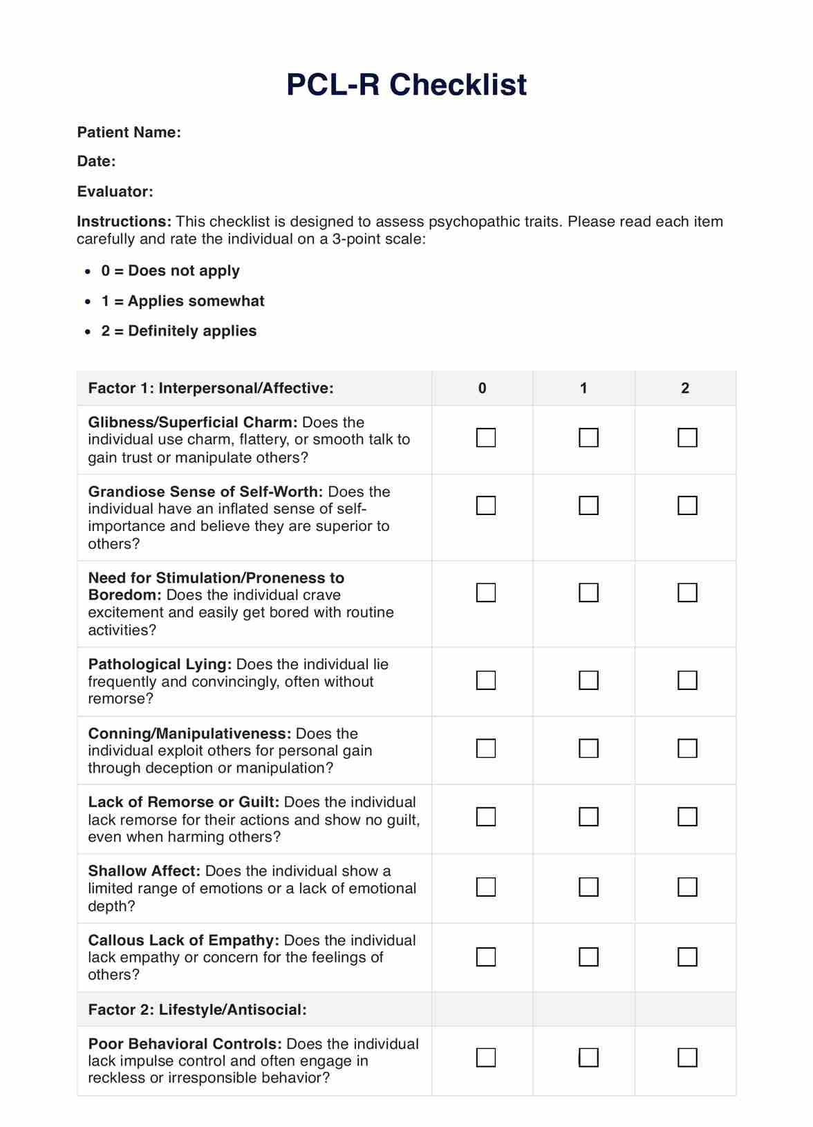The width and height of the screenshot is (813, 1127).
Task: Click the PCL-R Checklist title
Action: (x=406, y=85)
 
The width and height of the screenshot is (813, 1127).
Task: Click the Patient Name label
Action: (x=129, y=132)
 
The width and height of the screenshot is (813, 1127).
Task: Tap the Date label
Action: (x=96, y=161)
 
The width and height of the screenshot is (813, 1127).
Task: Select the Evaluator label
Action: (x=115, y=192)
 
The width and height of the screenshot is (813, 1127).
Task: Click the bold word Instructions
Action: (x=124, y=222)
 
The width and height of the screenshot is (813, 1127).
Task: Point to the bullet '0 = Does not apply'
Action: (x=170, y=270)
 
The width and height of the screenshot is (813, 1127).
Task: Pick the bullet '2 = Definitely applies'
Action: (x=178, y=331)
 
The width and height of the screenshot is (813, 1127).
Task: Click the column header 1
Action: (x=583, y=389)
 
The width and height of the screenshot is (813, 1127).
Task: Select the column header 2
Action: (x=685, y=389)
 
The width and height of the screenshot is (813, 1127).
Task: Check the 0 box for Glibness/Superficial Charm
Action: (x=486, y=438)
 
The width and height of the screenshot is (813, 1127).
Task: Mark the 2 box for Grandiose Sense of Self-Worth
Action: (x=687, y=505)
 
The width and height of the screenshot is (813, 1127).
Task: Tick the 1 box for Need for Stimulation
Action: (x=588, y=593)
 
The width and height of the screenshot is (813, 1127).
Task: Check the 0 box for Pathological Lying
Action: (x=486, y=680)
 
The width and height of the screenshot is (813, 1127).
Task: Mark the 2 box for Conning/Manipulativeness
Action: (x=687, y=749)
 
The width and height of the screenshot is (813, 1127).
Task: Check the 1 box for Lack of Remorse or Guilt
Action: (x=588, y=817)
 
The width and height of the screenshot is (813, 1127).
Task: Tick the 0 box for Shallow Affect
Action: (x=486, y=887)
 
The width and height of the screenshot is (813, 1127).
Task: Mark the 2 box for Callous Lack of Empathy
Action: (x=687, y=957)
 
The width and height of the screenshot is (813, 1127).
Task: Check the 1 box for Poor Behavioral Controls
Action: (x=588, y=1058)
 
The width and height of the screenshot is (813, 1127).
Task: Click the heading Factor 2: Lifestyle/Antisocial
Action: (x=197, y=1009)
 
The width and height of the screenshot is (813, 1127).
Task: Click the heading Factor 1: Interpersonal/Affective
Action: (x=211, y=389)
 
